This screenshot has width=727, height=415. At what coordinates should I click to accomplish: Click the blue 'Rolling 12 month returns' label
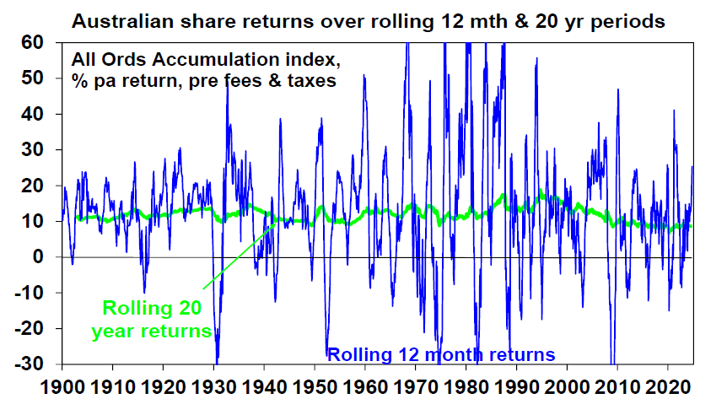tap(441, 354)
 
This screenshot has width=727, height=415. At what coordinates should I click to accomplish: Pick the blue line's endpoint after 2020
tap(692, 166)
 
